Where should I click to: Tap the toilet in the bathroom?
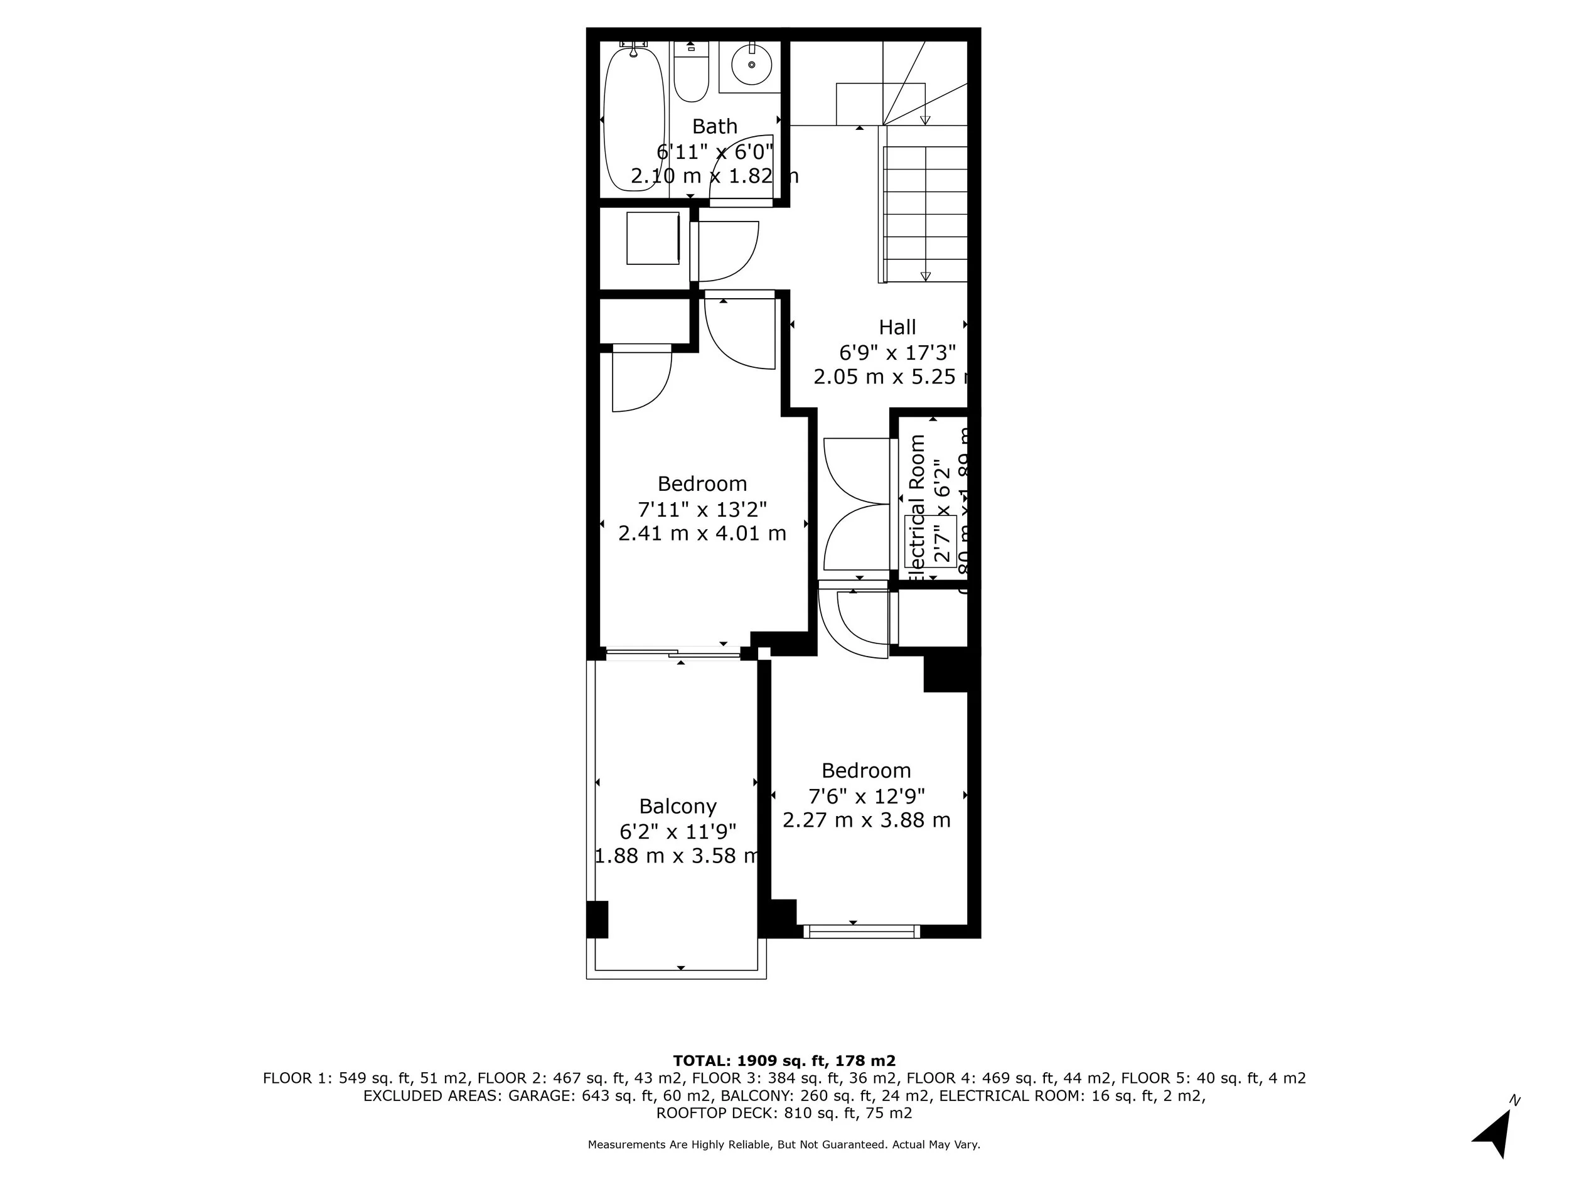pyautogui.click(x=691, y=73)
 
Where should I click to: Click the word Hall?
pyautogui.click(x=897, y=327)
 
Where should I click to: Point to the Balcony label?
pyautogui.click(x=677, y=806)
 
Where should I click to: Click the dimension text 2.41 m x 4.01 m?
pyautogui.click(x=702, y=533)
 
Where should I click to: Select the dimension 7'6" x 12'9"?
pyautogui.click(x=866, y=796)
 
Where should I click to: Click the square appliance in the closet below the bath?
pyautogui.click(x=653, y=239)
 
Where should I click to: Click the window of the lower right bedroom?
pyautogui.click(x=862, y=932)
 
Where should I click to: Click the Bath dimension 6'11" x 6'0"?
pyautogui.click(x=714, y=152)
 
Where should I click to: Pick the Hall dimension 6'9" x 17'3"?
pyautogui.click(x=897, y=352)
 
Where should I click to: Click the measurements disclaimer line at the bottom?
pyautogui.click(x=784, y=1144)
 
